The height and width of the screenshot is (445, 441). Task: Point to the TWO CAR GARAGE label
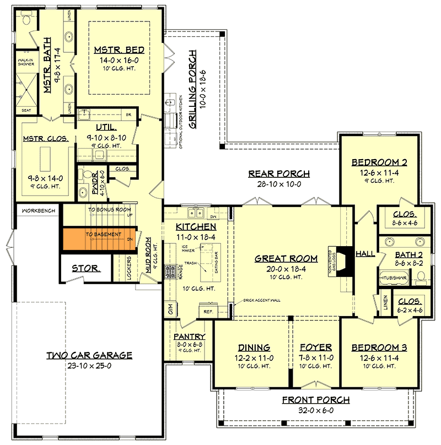pos(89,355)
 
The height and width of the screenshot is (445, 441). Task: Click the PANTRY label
pos(189,337)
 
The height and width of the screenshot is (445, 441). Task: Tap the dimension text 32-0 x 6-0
pos(316,410)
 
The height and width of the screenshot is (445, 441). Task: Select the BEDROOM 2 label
pos(379,162)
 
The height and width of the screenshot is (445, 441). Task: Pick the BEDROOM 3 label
pos(379,348)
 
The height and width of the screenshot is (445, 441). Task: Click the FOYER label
pos(315,348)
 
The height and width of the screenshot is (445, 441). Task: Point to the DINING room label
pos(254,348)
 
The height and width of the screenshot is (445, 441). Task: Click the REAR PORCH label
pos(278,174)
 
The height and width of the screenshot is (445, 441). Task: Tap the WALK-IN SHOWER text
pos(25,63)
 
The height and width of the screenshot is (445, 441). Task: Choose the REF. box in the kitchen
pos(208,312)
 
